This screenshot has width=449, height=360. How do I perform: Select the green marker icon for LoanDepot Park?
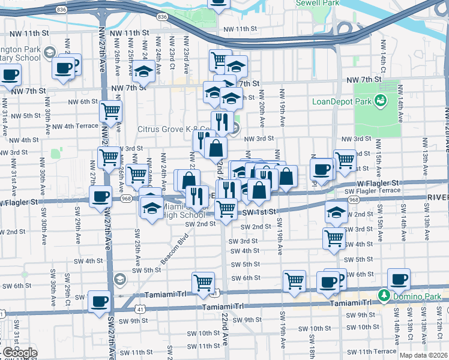pyautogui.click(x=379, y=101)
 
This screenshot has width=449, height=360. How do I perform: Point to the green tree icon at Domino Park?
pyautogui.click(x=384, y=295)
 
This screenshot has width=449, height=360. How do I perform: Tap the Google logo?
pyautogui.click(x=19, y=353)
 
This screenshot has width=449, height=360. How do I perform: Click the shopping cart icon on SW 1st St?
pyautogui.click(x=226, y=209)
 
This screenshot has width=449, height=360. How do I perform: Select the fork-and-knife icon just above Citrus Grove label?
pyautogui.click(x=222, y=121)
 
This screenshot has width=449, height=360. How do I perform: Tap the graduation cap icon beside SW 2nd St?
pyautogui.click(x=336, y=211)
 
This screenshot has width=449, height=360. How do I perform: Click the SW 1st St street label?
pyautogui.click(x=259, y=212)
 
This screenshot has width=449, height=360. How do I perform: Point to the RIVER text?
pyautogui.click(x=438, y=197)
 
